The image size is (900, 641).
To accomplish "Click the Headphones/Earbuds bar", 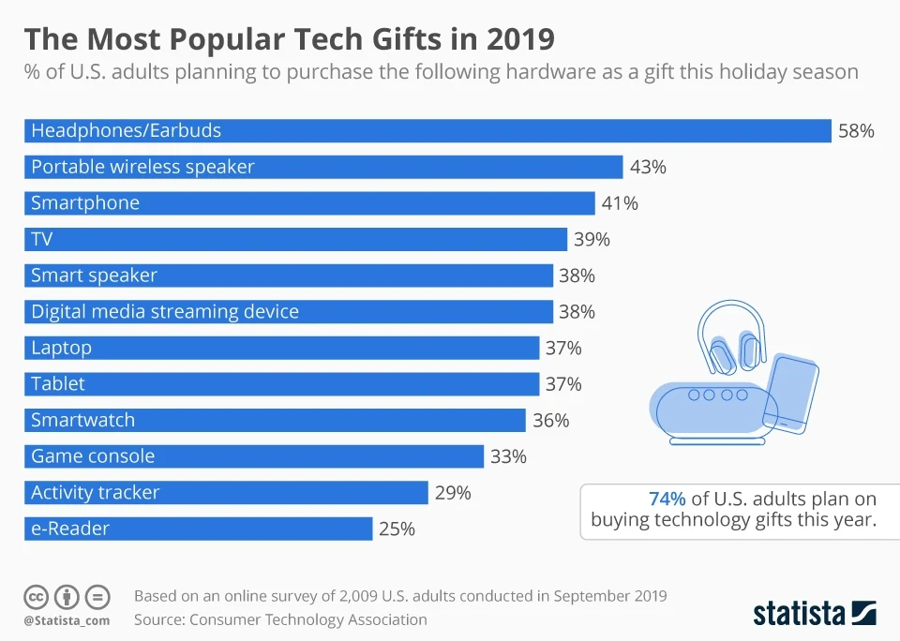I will [x=427, y=131].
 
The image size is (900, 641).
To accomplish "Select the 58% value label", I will [x=856, y=131].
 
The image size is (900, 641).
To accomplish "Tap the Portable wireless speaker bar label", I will [x=142, y=167].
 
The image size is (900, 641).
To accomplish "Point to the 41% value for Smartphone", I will [x=620, y=203].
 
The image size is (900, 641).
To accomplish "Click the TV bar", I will [x=295, y=240].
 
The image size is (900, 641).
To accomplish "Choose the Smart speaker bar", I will [x=288, y=276].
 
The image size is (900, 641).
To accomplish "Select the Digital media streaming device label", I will [x=165, y=312].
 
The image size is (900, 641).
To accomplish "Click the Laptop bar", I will [x=281, y=348].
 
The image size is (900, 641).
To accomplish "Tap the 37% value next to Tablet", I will [x=563, y=384].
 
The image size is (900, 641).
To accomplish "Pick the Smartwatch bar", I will [x=275, y=421].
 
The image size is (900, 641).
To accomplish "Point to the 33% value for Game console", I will [x=508, y=457].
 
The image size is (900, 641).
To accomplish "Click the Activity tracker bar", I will [x=226, y=493].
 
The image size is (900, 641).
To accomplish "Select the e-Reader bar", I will [x=198, y=529].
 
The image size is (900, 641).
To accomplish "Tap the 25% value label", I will [x=397, y=529].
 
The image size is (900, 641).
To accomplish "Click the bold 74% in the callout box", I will [x=667, y=499].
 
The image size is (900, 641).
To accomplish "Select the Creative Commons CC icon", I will [x=36, y=596].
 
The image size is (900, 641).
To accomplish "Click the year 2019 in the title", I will [x=520, y=39].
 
